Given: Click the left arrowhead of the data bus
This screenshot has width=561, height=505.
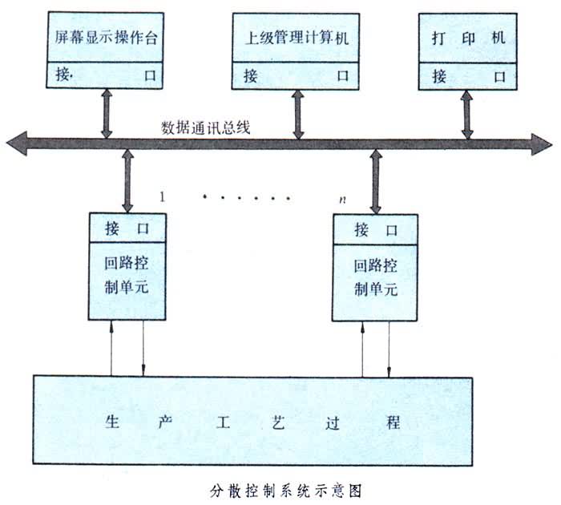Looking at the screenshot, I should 16,143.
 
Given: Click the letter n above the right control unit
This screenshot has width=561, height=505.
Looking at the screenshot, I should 343,198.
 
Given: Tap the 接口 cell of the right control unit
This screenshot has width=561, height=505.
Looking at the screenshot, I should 375,231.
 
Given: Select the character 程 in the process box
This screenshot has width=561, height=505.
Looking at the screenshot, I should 393,422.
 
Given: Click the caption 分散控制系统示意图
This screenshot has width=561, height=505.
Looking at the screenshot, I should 279,487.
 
